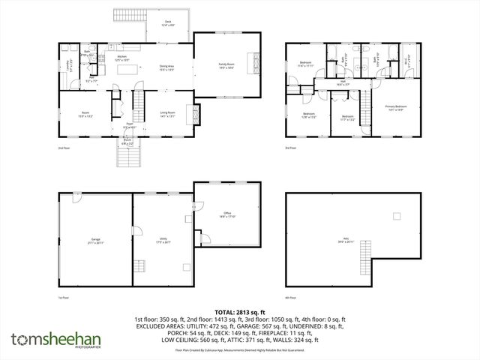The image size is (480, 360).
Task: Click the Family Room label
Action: [x=226, y=65]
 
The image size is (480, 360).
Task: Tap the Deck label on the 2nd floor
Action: [x=168, y=23]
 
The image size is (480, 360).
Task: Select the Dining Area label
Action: [x=167, y=67]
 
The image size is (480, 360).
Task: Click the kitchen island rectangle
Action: [x=124, y=68]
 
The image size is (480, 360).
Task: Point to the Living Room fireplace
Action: [x=197, y=115]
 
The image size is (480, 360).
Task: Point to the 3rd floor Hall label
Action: [x=342, y=83]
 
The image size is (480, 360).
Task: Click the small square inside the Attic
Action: [x=394, y=217]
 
